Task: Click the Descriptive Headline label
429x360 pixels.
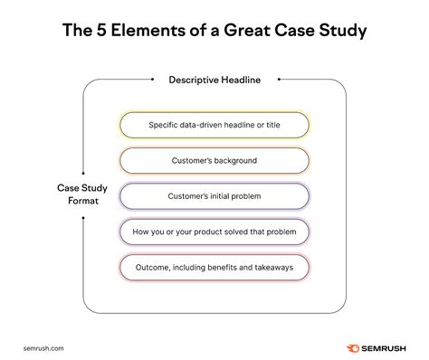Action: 214,80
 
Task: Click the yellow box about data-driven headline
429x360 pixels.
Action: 214,124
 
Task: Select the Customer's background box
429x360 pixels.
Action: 214,160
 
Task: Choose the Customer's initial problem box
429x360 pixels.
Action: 214,196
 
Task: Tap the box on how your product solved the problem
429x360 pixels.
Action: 214,232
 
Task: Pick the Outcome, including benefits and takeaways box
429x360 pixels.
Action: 214,268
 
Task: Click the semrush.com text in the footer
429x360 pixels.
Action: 43,345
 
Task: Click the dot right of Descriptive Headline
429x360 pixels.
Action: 280,80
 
